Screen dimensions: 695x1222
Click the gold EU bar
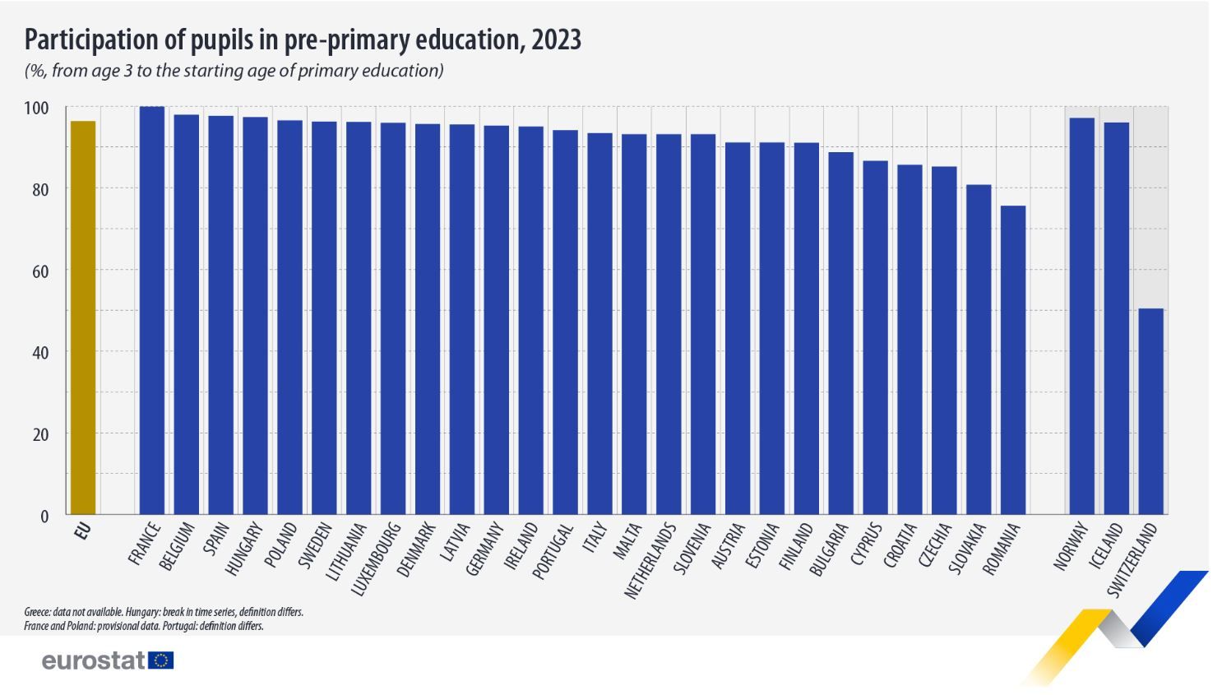83,317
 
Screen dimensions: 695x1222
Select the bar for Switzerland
1150,411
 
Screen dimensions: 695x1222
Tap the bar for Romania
1012,359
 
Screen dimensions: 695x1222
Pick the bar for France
152,310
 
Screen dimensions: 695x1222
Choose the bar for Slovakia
978,350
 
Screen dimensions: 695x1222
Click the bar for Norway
1081,316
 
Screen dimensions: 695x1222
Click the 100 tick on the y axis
36,109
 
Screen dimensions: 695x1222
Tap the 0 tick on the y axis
44,517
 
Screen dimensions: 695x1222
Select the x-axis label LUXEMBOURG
376,558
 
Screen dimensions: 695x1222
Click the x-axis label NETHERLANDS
650,558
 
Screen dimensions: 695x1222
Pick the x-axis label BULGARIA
828,549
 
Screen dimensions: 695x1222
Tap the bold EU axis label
82,531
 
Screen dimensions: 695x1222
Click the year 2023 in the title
556,39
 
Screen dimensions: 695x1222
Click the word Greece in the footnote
37,612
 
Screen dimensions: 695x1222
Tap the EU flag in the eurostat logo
162,660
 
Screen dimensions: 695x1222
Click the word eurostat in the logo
94,660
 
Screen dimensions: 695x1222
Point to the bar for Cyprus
874,337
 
